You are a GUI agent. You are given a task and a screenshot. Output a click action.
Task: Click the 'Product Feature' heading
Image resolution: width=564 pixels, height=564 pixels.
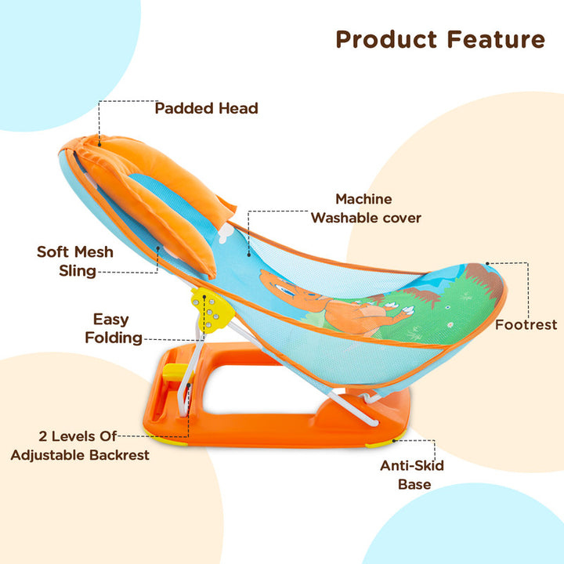[x=439, y=39]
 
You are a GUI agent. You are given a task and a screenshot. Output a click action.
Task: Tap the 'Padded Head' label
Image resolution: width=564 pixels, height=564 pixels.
[x=206, y=108]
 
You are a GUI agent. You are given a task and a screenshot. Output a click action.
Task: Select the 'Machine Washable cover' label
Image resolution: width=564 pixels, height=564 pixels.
[x=365, y=208]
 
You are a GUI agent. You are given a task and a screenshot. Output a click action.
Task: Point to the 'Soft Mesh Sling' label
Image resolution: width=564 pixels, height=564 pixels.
[x=75, y=262]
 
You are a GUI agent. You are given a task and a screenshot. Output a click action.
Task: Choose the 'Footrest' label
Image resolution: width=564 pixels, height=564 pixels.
[x=526, y=324]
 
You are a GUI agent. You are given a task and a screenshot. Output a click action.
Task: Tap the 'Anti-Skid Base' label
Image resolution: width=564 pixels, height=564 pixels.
[x=413, y=475]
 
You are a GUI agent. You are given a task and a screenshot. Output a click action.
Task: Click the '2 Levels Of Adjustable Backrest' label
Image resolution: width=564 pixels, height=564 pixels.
[x=80, y=445]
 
